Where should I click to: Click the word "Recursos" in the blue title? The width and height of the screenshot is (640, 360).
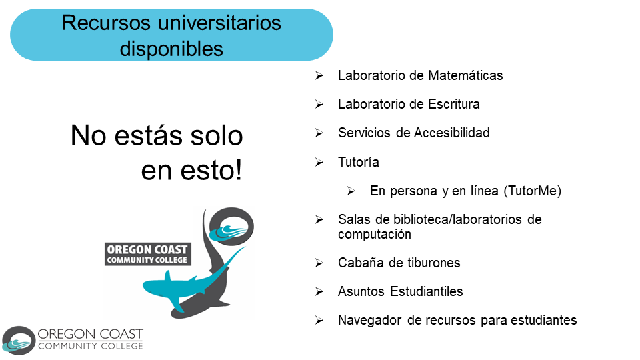(x=107, y=23)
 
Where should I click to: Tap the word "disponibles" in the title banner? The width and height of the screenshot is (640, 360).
(x=171, y=49)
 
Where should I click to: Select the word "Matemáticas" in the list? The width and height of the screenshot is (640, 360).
(x=465, y=75)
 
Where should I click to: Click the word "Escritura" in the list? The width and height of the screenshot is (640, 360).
(x=453, y=104)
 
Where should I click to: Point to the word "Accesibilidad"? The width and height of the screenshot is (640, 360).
(x=451, y=133)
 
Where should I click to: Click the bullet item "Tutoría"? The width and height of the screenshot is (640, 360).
(x=359, y=162)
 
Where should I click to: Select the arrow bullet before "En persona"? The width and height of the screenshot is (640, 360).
(x=351, y=191)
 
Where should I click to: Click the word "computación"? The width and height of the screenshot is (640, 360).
(x=374, y=234)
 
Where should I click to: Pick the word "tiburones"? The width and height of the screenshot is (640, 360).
(x=433, y=263)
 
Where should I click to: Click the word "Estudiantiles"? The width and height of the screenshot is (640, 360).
(x=426, y=291)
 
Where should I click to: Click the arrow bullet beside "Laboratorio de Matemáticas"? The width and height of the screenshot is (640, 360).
(x=319, y=75)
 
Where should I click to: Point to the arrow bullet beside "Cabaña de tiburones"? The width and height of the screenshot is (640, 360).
(x=319, y=263)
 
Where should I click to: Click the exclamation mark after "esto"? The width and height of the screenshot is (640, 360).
(x=238, y=170)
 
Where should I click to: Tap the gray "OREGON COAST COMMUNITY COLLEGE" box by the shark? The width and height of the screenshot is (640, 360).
(x=148, y=254)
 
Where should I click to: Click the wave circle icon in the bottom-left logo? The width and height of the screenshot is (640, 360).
(x=19, y=341)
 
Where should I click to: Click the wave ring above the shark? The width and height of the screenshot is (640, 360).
(x=231, y=227)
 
